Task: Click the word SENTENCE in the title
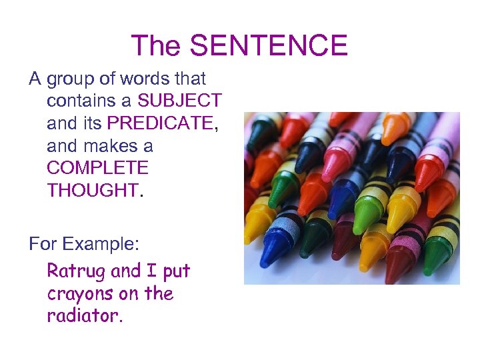point(269,45)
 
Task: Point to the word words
point(144,79)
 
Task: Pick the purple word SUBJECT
point(179,101)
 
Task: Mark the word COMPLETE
point(98,167)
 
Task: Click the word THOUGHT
point(92,190)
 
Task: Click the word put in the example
point(176,271)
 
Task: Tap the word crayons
point(79,293)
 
